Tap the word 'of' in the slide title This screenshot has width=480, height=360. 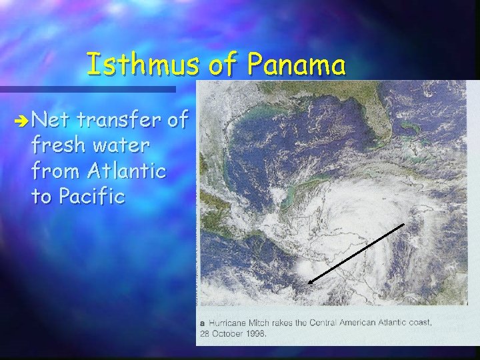[223, 65]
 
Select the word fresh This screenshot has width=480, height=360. [55, 146]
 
